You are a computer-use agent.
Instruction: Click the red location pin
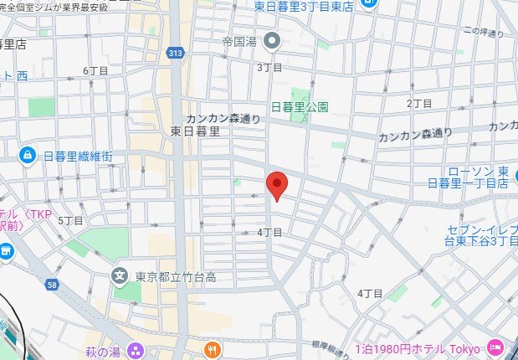pos(277,185)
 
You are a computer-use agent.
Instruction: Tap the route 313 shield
pos(174,54)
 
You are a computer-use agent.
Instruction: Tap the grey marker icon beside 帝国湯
pos(272,39)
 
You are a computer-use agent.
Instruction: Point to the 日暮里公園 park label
pos(300,106)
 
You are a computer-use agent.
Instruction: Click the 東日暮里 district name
pos(195,131)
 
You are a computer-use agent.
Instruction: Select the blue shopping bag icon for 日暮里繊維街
pos(27,155)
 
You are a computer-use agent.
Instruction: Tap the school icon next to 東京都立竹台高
pos(121,275)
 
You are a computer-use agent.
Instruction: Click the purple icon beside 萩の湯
pos(136,348)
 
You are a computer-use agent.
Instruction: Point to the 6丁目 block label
pos(96,70)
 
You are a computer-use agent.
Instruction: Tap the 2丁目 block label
pos(418,103)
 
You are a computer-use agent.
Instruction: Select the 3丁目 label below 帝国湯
pos(269,67)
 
